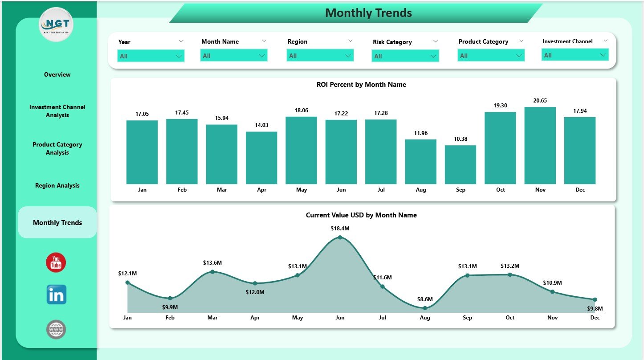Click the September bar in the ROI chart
pyautogui.click(x=460, y=164)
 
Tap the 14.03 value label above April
pyautogui.click(x=261, y=125)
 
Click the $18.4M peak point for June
pyautogui.click(x=340, y=237)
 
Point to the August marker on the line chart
pyautogui.click(x=425, y=308)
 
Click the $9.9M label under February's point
pyautogui.click(x=170, y=307)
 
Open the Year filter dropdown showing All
pyautogui.click(x=151, y=56)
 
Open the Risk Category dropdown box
pyautogui.click(x=405, y=56)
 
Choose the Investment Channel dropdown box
pyautogui.click(x=575, y=55)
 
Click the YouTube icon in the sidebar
pyautogui.click(x=56, y=262)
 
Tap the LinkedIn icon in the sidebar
pyautogui.click(x=56, y=295)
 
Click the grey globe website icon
pyautogui.click(x=56, y=330)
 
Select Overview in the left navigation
pyautogui.click(x=57, y=74)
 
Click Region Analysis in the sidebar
pyautogui.click(x=57, y=185)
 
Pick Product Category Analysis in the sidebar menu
pyautogui.click(x=57, y=148)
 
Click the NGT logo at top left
pyautogui.click(x=56, y=25)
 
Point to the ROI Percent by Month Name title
pyautogui.click(x=361, y=85)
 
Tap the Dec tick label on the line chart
pyautogui.click(x=595, y=318)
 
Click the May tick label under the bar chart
pyautogui.click(x=301, y=190)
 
